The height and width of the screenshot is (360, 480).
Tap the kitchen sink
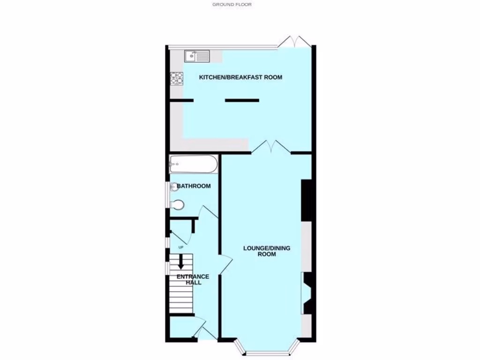click(197, 56)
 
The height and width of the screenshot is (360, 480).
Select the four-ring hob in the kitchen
click(176, 78)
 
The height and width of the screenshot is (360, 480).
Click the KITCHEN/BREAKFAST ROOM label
click(240, 77)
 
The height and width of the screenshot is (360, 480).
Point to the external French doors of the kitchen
click(294, 42)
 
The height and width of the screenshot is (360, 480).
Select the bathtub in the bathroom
click(193, 165)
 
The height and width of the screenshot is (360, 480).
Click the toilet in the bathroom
click(177, 205)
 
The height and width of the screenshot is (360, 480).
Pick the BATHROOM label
click(194, 186)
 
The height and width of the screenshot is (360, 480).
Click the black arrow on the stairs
click(181, 264)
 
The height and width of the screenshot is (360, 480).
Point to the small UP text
click(180, 247)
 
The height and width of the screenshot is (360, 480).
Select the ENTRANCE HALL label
click(193, 279)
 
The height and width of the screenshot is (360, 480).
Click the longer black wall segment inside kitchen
click(242, 100)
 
